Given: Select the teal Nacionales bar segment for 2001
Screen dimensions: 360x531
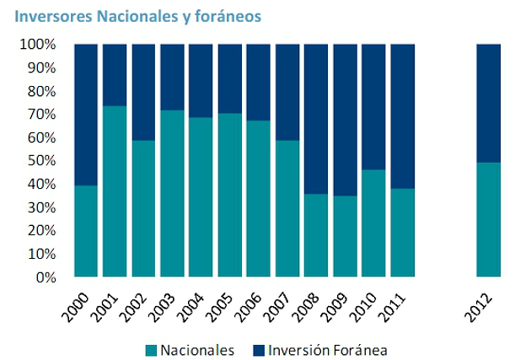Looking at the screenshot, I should pos(115,191).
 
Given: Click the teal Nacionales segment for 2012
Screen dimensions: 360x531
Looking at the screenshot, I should pos(489,219).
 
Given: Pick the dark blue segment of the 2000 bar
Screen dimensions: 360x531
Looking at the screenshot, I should pos(86,115).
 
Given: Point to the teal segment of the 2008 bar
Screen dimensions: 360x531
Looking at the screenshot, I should pos(316,235).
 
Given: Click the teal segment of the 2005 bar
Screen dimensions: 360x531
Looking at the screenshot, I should pos(230,195).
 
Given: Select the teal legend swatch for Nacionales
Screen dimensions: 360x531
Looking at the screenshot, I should pos(152,349).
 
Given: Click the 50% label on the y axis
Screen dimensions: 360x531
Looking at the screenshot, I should pos(40,160).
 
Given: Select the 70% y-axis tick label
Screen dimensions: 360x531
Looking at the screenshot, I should pos(40,114).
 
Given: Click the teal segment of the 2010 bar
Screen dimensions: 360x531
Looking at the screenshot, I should pos(373,223).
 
